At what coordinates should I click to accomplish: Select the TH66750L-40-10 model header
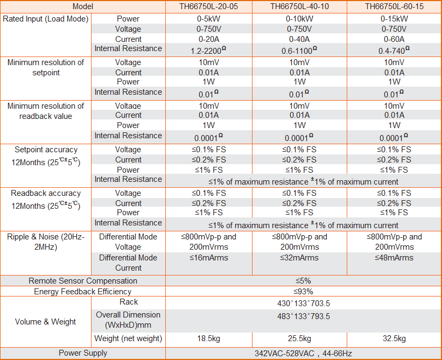300,6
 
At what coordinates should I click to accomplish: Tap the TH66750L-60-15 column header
394,6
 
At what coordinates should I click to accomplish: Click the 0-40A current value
300,39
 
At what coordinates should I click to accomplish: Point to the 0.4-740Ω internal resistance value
394,50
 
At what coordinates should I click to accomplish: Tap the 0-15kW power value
394,18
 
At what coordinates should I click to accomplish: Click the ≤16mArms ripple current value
209,258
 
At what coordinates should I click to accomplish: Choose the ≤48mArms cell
394,258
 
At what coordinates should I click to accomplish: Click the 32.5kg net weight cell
394,338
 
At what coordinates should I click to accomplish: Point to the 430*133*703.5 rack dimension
303,303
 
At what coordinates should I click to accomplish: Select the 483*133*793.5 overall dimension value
303,316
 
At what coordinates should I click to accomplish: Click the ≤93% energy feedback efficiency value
303,291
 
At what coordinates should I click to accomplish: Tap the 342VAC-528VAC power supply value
303,354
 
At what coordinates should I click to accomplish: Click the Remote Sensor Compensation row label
83,280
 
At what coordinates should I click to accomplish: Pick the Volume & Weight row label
45,322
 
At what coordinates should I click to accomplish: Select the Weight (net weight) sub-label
128,338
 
